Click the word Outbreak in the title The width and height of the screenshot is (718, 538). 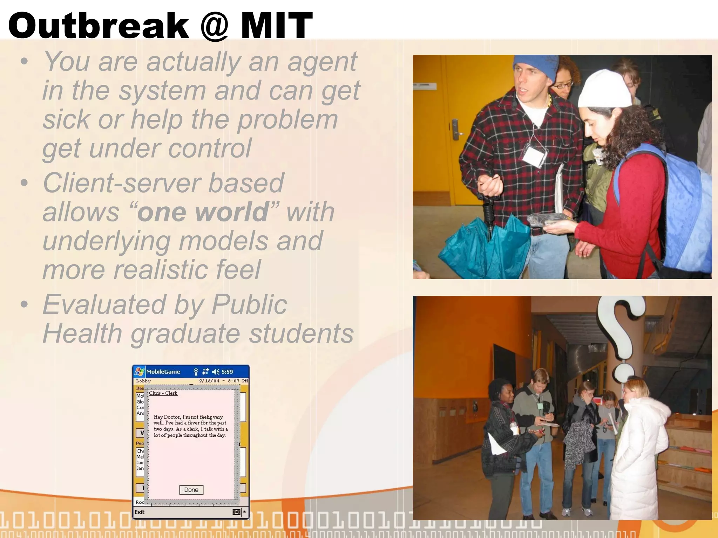pos(98,25)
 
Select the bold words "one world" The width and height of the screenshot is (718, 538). pos(203,212)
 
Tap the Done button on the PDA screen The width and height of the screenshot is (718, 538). pos(191,490)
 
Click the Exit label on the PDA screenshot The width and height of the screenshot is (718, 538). pos(139,512)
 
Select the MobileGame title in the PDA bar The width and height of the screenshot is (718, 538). pos(163,372)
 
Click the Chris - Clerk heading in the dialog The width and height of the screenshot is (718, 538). pos(163,393)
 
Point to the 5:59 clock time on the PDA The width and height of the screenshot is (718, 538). pos(227,372)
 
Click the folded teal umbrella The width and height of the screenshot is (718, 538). pos(487,245)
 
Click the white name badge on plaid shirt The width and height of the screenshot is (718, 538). pos(534,156)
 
